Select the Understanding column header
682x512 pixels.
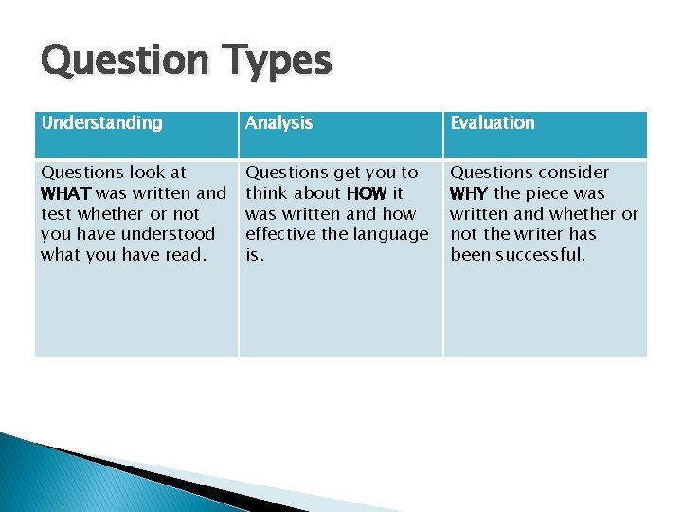101,122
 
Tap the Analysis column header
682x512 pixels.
278,122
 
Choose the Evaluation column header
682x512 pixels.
492,122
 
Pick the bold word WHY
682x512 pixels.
469,193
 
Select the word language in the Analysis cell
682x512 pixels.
391,234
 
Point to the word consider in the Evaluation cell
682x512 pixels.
575,173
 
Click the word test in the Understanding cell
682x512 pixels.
57,214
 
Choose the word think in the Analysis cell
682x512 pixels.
267,193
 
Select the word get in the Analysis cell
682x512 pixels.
348,173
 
